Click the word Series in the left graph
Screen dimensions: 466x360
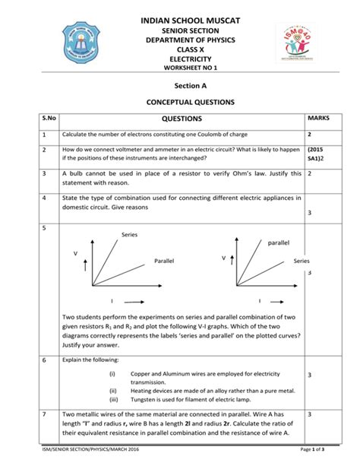(130, 235)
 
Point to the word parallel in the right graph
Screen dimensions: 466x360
(279, 243)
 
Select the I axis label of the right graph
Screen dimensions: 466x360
(258, 300)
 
